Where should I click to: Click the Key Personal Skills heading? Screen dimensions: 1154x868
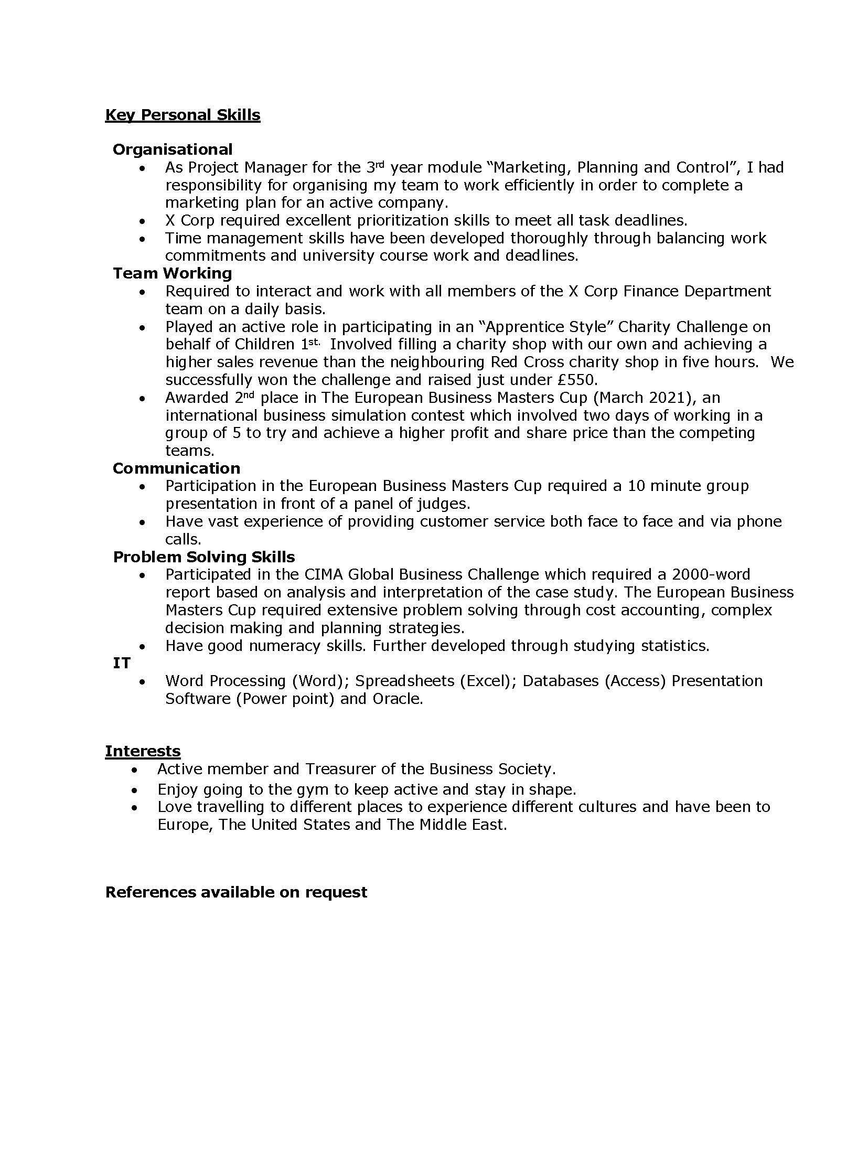point(183,115)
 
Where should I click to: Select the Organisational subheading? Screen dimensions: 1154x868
point(172,149)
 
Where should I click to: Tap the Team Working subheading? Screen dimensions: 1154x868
point(172,273)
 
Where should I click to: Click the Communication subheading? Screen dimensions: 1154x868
point(176,468)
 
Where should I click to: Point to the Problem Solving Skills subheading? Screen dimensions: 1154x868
point(203,557)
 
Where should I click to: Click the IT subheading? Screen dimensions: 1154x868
point(121,664)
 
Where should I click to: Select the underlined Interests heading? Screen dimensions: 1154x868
point(143,751)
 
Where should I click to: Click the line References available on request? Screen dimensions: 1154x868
point(236,892)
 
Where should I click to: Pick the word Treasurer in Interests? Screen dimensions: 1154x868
point(341,769)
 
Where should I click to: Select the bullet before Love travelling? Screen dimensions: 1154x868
point(135,808)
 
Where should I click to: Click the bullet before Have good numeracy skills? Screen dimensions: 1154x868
point(143,647)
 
